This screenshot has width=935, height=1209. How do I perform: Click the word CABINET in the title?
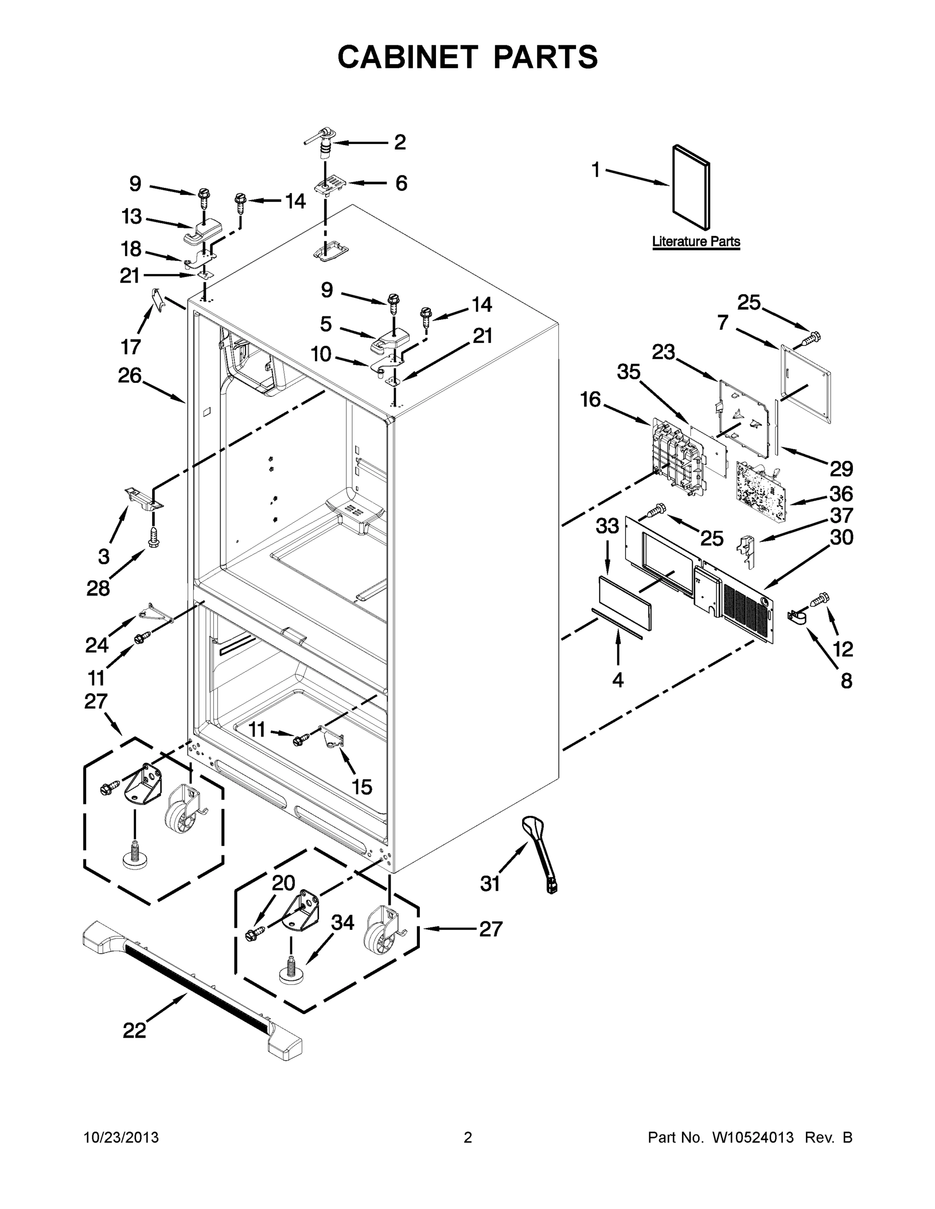point(408,57)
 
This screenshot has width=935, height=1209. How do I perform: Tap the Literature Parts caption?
point(696,241)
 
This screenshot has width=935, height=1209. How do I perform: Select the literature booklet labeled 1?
point(690,188)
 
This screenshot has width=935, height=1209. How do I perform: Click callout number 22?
point(134,1030)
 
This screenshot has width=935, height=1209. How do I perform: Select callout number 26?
point(130,375)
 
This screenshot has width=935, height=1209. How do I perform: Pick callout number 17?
point(131,347)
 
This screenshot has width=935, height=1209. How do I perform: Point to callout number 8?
point(846,682)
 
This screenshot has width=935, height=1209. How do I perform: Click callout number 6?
point(401,183)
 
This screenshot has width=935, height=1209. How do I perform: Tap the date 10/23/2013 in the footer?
point(121,1137)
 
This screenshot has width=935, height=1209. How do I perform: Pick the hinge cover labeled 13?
point(201,234)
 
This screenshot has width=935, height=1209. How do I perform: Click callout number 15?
point(362,787)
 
